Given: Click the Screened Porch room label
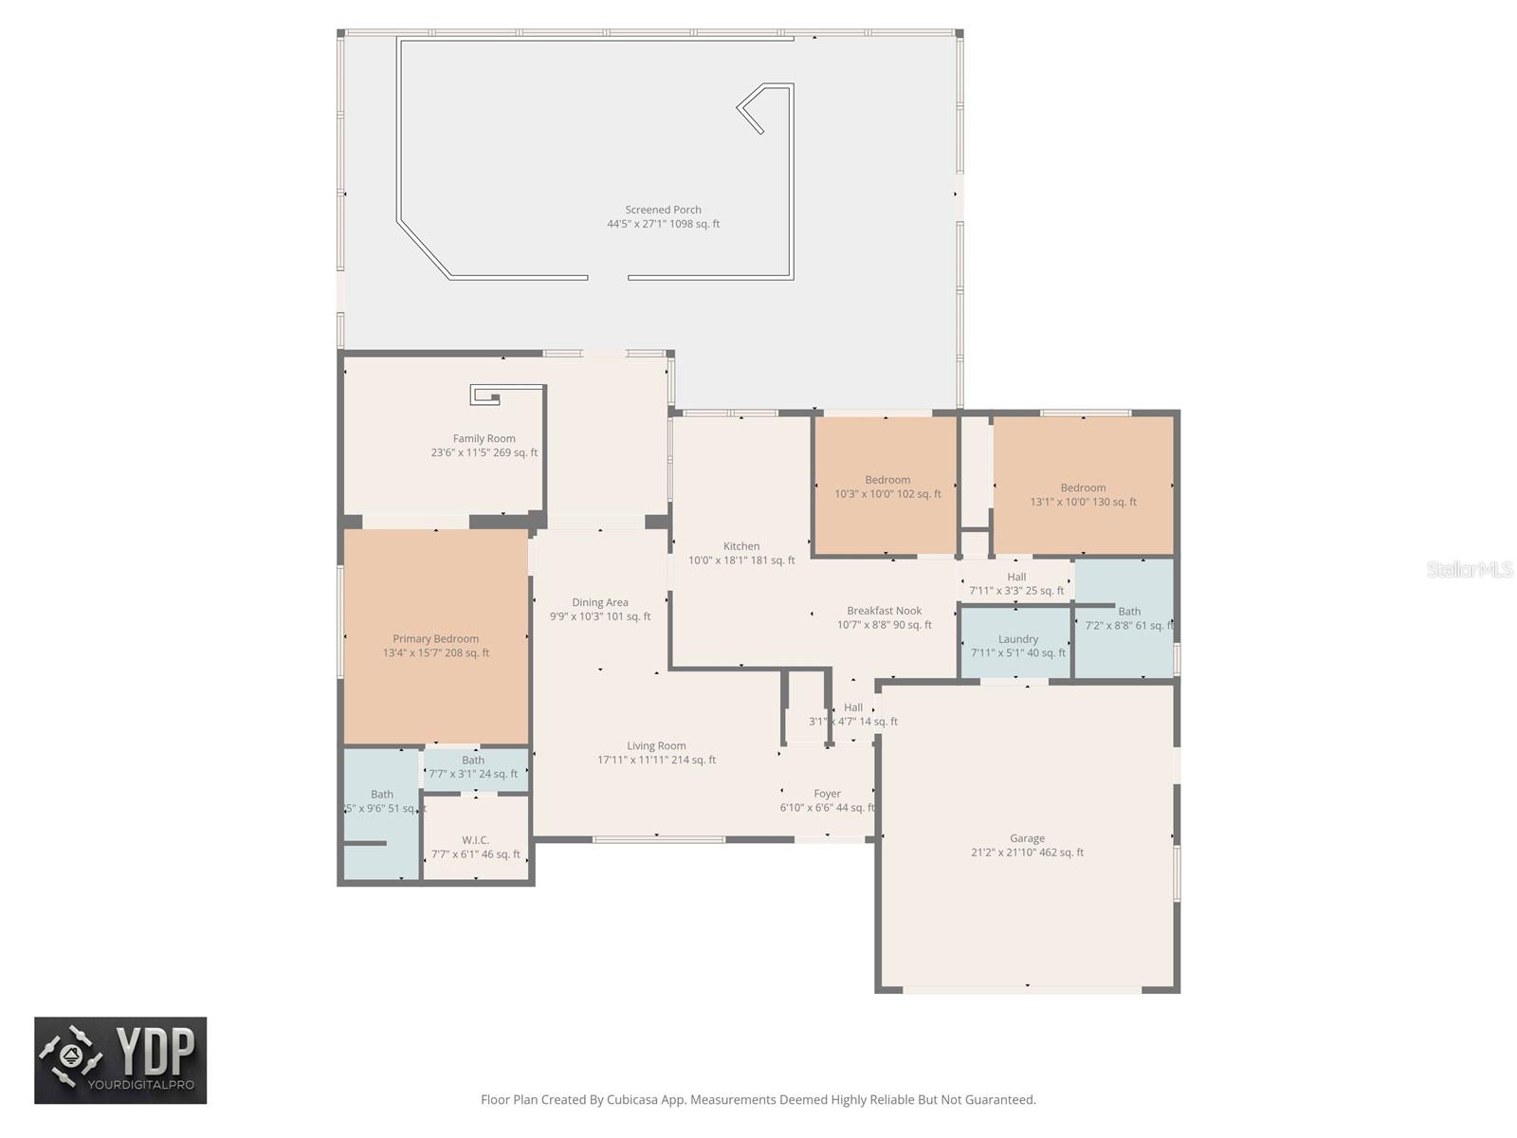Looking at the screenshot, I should (663, 211).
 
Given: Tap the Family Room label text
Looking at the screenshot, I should (484, 439).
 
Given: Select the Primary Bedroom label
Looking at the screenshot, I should (435, 639).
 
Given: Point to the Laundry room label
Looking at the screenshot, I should (1017, 639).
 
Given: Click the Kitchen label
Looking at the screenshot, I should (741, 546).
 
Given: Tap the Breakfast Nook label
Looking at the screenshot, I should (884, 612).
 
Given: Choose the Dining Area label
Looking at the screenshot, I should (599, 603).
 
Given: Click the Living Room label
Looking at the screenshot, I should (656, 746).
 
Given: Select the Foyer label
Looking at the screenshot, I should (827, 794).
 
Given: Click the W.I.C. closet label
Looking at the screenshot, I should (475, 840).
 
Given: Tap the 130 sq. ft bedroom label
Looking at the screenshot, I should (1083, 488).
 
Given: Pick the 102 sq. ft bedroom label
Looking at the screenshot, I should (887, 481).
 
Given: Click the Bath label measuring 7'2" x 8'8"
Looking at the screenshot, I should (1128, 612).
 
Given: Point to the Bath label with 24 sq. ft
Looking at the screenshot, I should (473, 761).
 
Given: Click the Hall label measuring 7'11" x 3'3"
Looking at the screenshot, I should (1016, 577).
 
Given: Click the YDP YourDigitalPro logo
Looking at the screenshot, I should (120, 1060).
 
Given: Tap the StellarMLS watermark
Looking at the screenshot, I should (1470, 569).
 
